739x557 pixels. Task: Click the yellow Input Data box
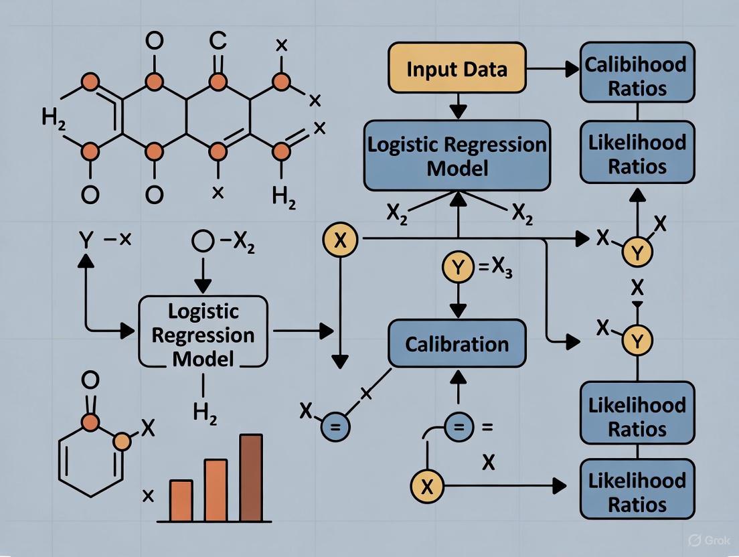tap(457, 69)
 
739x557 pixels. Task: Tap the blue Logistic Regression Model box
tap(457, 156)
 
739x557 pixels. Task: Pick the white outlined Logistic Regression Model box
tap(202, 333)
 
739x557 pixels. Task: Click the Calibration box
tap(457, 344)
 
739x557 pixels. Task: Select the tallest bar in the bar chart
tap(251, 477)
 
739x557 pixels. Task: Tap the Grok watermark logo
tap(694, 540)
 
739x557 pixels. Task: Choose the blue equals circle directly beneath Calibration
tap(457, 425)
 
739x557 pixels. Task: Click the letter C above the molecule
tap(218, 42)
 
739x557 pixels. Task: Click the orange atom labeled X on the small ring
tap(122, 442)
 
